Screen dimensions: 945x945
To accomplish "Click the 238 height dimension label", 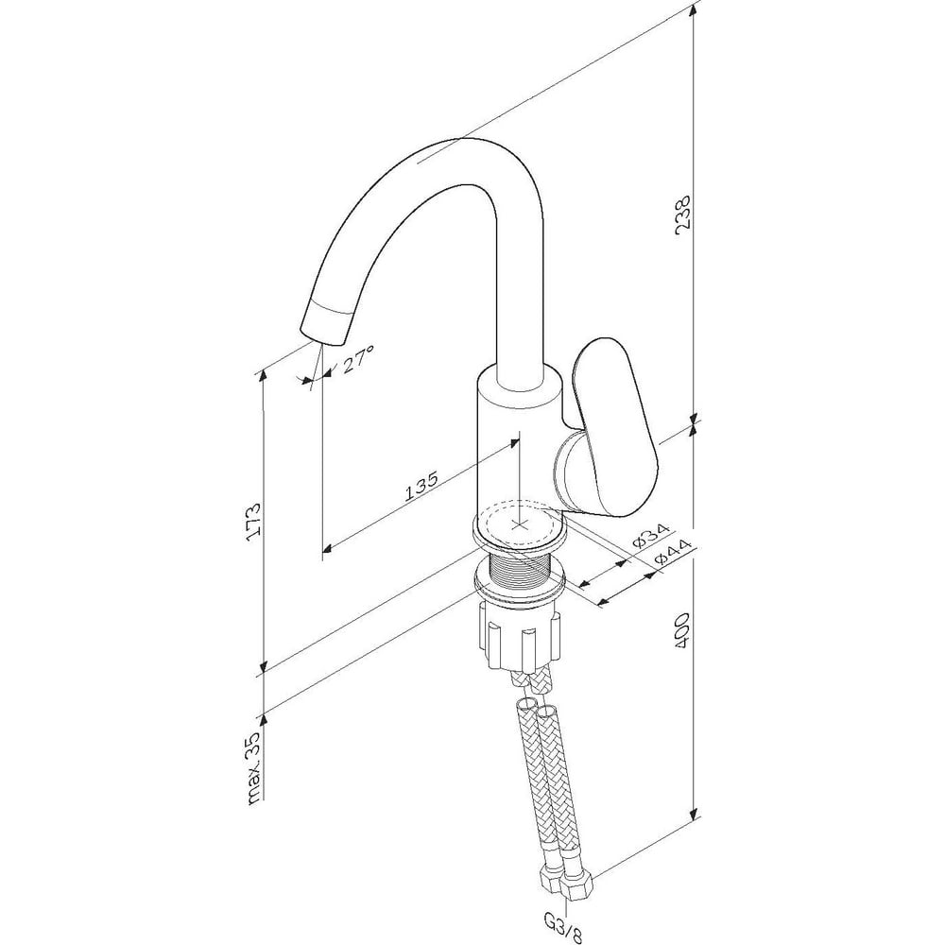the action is tap(684, 215).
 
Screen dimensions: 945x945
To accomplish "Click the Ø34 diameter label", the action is tap(651, 536).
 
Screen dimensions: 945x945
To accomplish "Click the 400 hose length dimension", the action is tap(682, 630).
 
